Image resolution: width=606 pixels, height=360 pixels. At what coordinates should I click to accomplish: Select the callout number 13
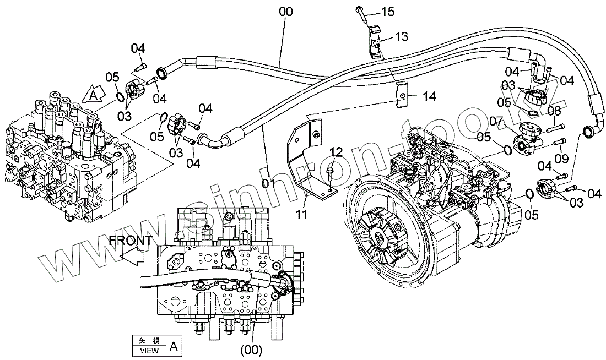pos(401,37)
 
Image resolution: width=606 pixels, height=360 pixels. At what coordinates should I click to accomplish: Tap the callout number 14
pos(429,96)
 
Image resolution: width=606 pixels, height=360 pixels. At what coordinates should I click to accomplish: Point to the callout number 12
pos(336,152)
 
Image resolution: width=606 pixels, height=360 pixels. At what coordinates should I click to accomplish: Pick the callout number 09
pos(562,157)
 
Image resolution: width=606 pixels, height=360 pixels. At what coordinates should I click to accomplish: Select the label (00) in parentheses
pos(251,350)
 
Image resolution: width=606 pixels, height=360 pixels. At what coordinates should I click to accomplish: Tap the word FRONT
pos(131,240)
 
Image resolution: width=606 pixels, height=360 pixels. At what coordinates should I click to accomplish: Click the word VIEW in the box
pos(149,350)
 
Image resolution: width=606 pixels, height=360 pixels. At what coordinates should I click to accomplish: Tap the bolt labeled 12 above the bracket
pos(329,173)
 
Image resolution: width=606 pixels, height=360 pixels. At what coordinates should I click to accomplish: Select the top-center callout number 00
pos(286,12)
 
